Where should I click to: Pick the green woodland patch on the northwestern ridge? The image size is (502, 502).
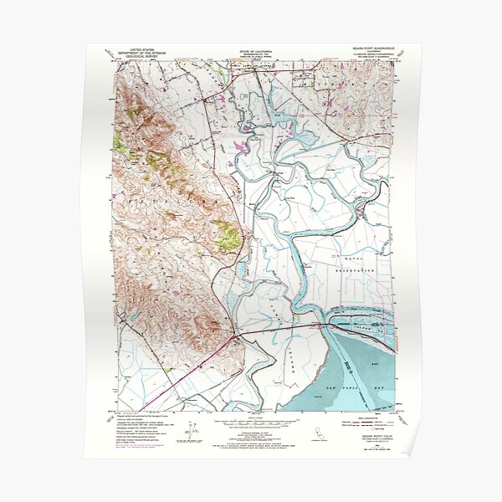point(122,144)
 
